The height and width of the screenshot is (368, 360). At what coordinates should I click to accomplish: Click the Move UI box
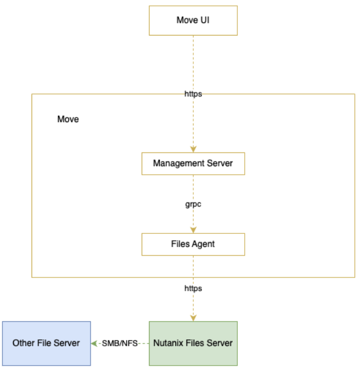point(193,21)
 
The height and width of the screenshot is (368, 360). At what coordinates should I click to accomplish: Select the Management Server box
point(193,163)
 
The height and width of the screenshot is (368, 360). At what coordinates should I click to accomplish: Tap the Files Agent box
point(193,244)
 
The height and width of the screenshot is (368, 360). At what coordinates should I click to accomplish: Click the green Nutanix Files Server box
point(193,343)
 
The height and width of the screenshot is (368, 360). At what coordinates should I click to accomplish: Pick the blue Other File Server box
point(46,343)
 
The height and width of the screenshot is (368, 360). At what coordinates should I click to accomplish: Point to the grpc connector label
point(193,204)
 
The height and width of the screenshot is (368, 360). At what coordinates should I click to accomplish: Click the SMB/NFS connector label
point(119,343)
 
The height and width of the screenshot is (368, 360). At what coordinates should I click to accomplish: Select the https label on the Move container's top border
point(193,93)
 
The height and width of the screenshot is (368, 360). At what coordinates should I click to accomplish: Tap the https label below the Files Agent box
point(193,288)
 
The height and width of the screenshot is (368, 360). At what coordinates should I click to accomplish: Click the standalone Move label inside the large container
point(68,120)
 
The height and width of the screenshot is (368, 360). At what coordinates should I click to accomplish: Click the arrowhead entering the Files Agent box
point(193,230)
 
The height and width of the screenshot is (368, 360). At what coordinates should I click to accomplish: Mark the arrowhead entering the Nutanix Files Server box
point(193,318)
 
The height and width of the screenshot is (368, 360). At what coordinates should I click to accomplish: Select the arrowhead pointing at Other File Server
point(95,343)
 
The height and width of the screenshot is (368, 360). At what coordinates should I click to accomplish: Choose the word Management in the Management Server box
point(178,163)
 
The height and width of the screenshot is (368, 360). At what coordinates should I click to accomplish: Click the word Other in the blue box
point(23,343)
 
